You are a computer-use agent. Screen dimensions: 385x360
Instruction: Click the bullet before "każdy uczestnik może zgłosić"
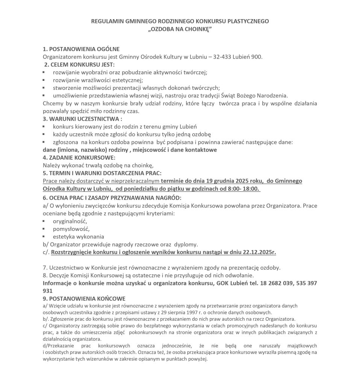(x=44, y=134)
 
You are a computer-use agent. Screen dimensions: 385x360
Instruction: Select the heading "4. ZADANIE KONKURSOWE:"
(x=79, y=157)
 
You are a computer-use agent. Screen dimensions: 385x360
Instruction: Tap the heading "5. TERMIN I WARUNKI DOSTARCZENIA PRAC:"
(x=103, y=173)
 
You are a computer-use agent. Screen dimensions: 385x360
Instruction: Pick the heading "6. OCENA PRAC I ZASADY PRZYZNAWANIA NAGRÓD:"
(x=112, y=198)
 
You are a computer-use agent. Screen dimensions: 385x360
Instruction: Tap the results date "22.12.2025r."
(x=259, y=252)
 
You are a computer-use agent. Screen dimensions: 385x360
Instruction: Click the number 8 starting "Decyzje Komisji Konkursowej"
(x=45, y=276)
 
